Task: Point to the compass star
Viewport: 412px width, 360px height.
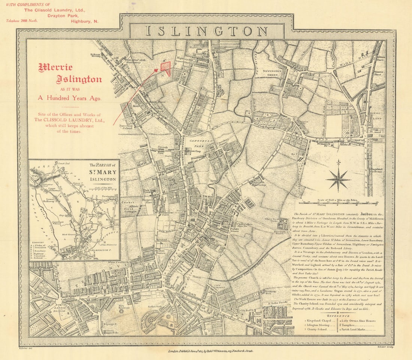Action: (338, 179)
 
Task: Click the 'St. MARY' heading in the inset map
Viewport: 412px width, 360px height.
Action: (102, 173)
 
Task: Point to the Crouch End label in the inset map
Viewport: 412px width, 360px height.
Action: (64, 163)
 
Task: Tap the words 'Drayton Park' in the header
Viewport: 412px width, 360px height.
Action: (63, 16)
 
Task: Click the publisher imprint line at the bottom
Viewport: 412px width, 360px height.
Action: (211, 351)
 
